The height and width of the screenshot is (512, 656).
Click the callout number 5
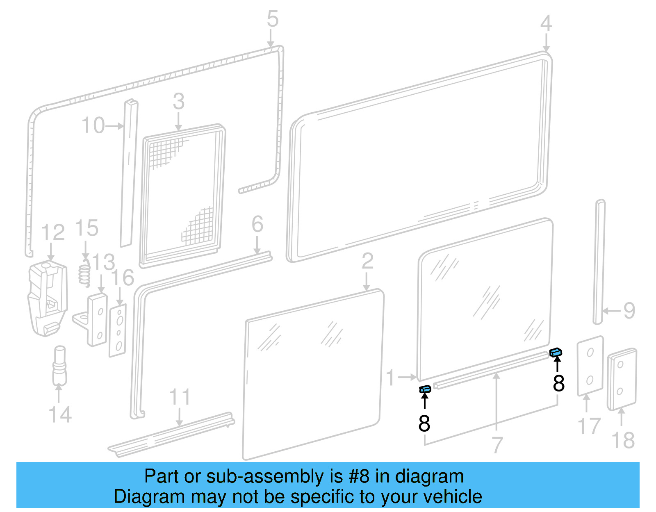(273, 19)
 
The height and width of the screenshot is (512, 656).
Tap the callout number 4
(546, 23)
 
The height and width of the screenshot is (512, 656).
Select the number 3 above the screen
(178, 101)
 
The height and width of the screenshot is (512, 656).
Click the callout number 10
(93, 125)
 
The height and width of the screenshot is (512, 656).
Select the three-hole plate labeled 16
(118, 330)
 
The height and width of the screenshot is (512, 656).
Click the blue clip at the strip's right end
(556, 352)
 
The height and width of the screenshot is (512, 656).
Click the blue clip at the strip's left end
(425, 389)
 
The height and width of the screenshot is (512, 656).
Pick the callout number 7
(497, 445)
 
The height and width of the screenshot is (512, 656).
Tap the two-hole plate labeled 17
(590, 366)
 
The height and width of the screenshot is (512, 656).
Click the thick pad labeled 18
(622, 379)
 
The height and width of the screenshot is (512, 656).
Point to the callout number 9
(629, 311)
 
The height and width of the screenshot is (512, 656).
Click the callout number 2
(367, 261)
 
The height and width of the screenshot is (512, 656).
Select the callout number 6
(257, 224)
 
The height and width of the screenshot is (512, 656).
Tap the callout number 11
(180, 397)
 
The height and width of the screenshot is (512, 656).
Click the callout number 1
(391, 377)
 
